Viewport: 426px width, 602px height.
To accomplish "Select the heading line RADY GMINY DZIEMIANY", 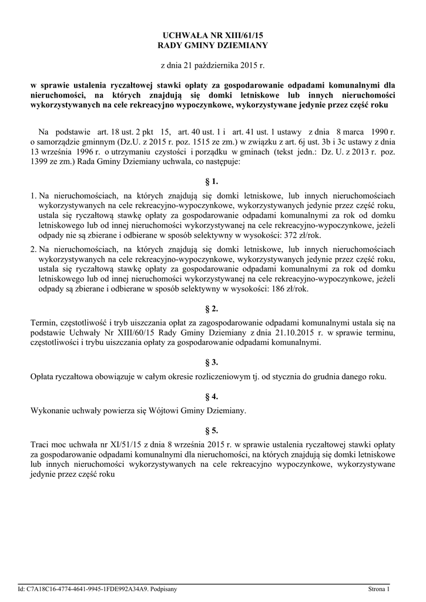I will tap(213, 45).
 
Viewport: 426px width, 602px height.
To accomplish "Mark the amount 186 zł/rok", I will tap(297, 289).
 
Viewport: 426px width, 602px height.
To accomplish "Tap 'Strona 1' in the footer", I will tap(379, 588).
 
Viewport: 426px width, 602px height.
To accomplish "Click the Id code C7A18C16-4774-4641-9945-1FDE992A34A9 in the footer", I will tap(87, 588).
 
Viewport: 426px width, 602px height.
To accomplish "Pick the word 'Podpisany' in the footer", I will tap(164, 588).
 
